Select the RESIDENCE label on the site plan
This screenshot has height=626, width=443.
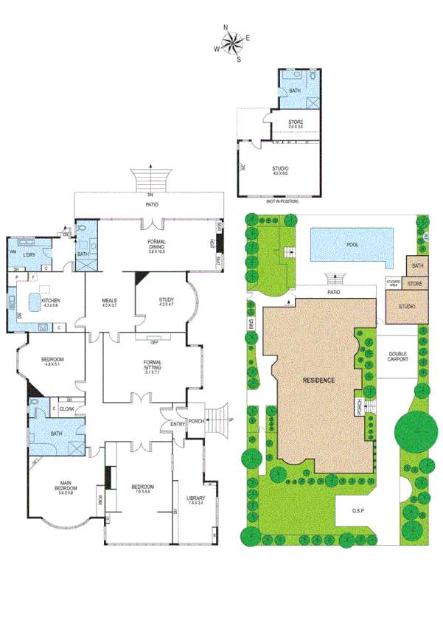tap(318, 380)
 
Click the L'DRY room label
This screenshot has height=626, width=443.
tap(29, 255)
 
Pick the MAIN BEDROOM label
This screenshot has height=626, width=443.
tap(61, 489)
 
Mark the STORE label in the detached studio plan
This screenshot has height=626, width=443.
tap(295, 124)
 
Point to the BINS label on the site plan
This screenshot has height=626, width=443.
tap(251, 325)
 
